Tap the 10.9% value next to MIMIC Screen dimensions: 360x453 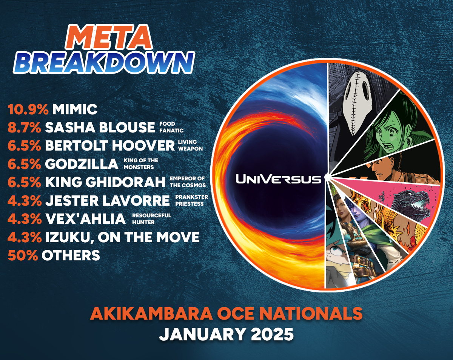pos(28,110)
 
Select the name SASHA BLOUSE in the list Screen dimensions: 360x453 pos(100,128)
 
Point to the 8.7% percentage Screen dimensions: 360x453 pos(24,128)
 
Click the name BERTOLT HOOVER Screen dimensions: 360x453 pos(110,146)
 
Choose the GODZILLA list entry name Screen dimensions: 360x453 pos(82,164)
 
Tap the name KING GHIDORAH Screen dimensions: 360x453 pos(105,182)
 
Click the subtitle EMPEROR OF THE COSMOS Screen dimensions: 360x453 pos(187,182)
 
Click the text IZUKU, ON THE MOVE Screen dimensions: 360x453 pos(122,237)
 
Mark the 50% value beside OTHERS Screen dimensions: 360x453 pos(23,255)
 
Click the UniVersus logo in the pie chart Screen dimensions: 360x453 pos(279,178)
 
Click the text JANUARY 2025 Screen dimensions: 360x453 pos(226,334)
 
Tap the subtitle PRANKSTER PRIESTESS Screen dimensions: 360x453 pos(191,200)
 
